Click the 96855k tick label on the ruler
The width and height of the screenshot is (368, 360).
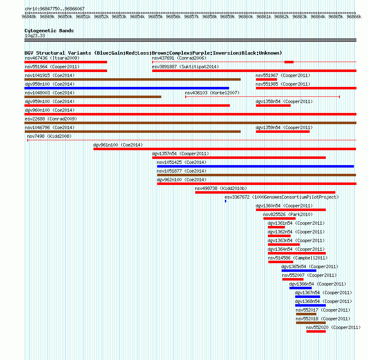click(155, 17)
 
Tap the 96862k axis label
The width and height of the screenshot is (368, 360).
click(282, 17)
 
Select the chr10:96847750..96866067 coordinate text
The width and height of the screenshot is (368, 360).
click(55, 9)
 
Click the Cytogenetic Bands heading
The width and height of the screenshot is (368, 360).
click(49, 31)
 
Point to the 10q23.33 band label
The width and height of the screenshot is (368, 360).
click(35, 36)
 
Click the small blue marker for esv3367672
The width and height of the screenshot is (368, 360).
click(225, 201)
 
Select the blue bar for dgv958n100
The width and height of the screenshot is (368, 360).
click(127, 88)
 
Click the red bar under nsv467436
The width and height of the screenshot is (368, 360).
click(66, 62)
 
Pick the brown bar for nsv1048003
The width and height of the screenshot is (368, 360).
click(93, 97)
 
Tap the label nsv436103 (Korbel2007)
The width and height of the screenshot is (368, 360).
click(212, 93)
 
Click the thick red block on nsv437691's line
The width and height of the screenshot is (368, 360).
click(289, 62)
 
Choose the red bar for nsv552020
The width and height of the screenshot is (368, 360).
click(316, 331)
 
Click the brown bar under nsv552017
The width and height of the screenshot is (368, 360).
click(306, 314)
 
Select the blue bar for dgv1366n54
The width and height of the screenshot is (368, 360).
click(301, 288)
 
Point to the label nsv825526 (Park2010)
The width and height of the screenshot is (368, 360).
click(288, 214)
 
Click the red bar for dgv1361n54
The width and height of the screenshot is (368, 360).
click(276, 227)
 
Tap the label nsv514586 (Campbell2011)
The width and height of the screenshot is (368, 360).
click(298, 258)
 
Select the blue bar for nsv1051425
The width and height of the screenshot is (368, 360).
click(256, 166)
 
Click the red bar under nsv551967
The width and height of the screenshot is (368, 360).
click(266, 79)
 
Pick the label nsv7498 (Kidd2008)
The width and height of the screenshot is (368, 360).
click(49, 136)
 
